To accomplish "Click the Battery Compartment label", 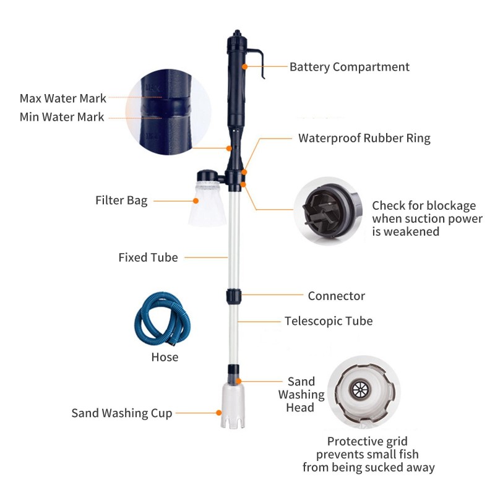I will coord(350,67).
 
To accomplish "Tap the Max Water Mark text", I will coord(62,98).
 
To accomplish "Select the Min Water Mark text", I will coord(62,116).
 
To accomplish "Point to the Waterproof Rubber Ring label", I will coord(364,138).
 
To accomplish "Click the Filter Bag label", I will coord(121,200).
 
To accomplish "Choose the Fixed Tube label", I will coord(148,257).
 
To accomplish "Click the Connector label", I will coord(336,296).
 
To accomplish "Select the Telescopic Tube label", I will coord(329,321).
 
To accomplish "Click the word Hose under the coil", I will coord(165,357).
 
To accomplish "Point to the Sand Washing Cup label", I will coord(122,413).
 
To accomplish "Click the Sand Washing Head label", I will coord(301,394).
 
